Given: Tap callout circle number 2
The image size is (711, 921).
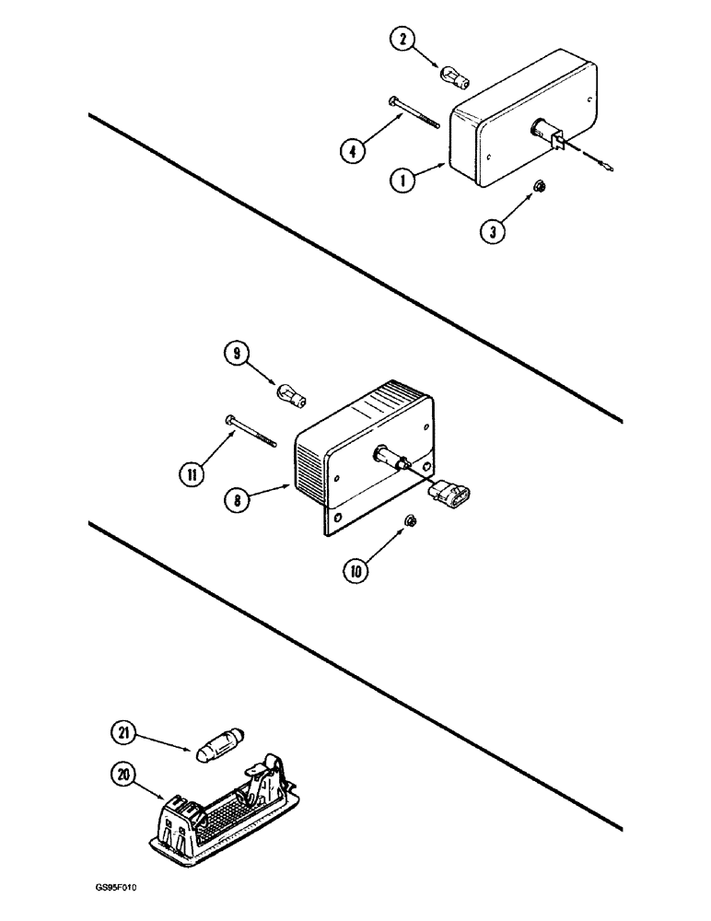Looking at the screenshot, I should click(402, 40).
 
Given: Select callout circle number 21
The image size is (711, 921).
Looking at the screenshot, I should click(123, 707).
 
